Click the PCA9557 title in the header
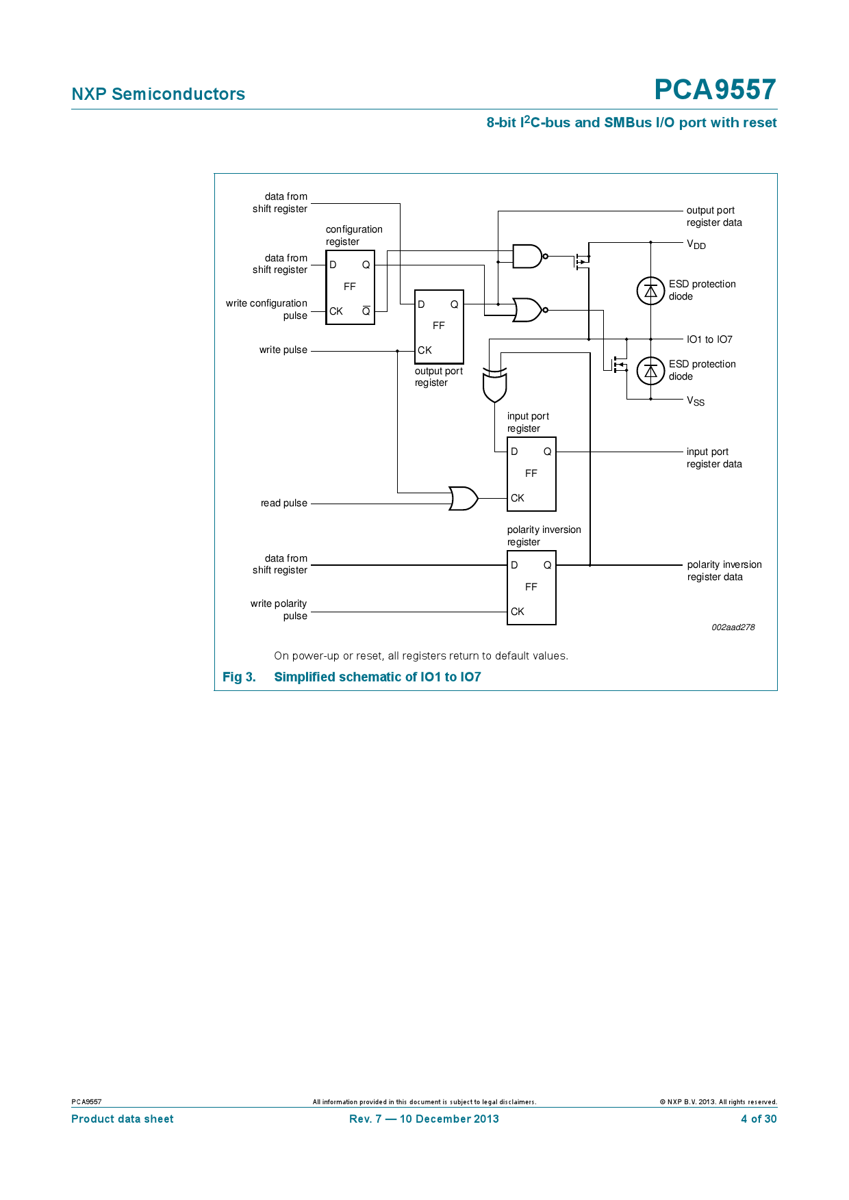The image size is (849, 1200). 714,90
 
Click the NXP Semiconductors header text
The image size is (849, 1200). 158,94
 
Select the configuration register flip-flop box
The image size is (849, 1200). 350,287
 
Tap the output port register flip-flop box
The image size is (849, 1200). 439,326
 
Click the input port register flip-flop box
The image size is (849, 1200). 531,473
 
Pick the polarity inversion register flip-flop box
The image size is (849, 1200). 531,587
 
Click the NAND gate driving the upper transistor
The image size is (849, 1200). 528,257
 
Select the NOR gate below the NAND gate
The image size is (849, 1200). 528,310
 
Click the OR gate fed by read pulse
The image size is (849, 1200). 464,499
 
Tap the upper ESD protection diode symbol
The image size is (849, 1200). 650,291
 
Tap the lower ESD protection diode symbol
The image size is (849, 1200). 650,371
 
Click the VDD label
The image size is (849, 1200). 696,244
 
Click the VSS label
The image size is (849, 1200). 696,401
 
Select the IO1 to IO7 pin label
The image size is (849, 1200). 709,339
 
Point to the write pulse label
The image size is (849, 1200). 283,350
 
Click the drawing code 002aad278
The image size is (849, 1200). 733,627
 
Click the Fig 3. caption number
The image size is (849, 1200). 239,677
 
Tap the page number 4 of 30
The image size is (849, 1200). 758,1119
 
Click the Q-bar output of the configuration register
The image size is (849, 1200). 366,311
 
